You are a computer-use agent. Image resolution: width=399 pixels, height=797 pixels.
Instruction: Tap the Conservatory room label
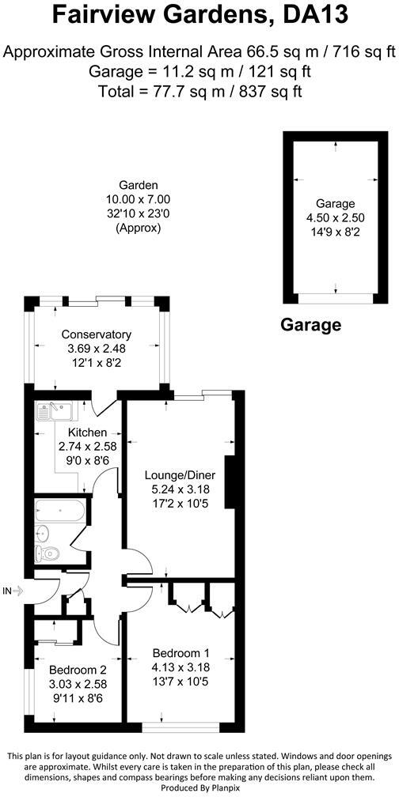[x=97, y=334]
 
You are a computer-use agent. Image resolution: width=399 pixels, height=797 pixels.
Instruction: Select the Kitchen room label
[x=87, y=432]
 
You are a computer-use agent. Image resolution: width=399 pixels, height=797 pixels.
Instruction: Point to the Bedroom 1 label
[x=181, y=653]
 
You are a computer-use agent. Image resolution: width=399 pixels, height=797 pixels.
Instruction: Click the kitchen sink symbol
[x=55, y=410]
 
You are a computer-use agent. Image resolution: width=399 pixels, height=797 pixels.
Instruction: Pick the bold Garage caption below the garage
[x=310, y=324]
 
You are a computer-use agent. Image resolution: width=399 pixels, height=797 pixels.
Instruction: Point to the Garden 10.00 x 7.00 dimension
[x=139, y=200]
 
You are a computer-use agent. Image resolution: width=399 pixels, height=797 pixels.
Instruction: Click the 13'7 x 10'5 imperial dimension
[x=181, y=682]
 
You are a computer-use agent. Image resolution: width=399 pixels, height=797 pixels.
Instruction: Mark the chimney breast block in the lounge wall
[x=230, y=482]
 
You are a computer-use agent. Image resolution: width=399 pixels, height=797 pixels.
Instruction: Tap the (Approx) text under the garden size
[x=139, y=228]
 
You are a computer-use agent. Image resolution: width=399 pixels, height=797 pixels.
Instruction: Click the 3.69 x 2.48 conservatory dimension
[x=97, y=349]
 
